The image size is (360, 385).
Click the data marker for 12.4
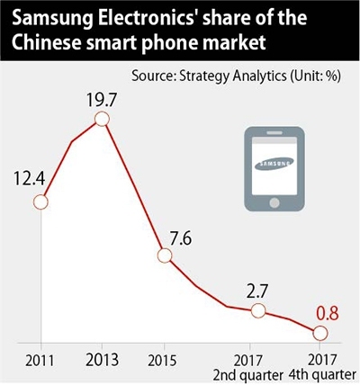[x=40, y=202]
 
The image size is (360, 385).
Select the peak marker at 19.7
[x=102, y=120]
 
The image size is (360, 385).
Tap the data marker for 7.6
[x=164, y=255]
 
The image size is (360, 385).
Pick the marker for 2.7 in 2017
[x=257, y=310]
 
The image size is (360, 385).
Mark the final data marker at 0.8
[x=320, y=334]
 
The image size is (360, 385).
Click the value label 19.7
[x=102, y=96]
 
